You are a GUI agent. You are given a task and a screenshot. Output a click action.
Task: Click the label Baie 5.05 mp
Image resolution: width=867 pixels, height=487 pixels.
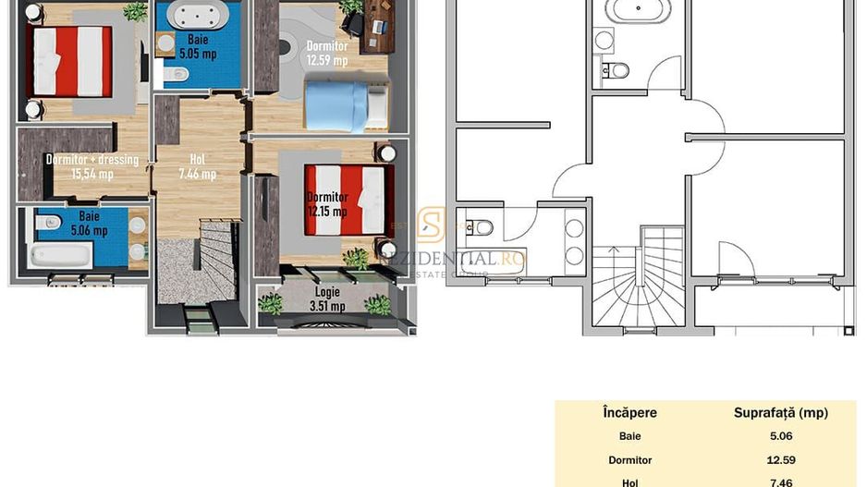(197, 46)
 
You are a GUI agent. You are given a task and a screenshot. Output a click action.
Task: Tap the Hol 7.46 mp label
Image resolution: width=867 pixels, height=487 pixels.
(196, 166)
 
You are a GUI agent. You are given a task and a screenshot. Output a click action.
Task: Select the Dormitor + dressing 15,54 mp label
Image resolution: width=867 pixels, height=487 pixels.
(92, 166)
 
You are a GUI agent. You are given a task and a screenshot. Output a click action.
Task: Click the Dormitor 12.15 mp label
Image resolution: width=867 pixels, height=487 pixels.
(327, 204)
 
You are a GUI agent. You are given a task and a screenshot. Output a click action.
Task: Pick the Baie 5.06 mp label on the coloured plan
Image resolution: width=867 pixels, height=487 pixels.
(89, 222)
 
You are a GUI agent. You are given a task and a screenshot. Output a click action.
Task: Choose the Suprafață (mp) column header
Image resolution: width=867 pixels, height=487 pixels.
(780, 413)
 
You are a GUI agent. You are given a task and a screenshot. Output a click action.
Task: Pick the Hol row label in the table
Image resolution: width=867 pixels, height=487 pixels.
(629, 481)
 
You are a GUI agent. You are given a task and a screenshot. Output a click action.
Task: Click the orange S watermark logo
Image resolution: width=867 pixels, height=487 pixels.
(431, 225)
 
